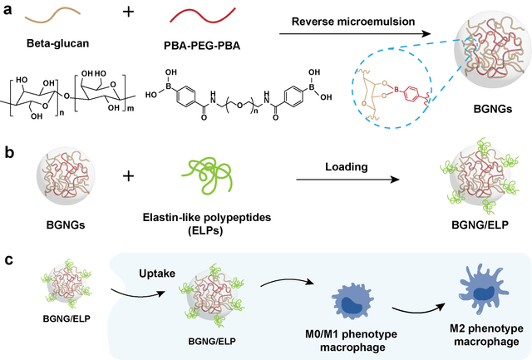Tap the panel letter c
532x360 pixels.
point(7,260)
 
